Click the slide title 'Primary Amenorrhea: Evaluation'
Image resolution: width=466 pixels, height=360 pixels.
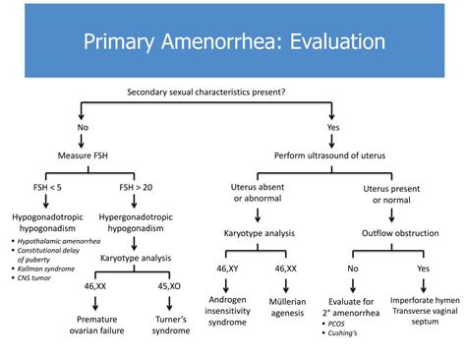pos(233,41)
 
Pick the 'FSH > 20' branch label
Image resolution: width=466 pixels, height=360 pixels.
pos(121,185)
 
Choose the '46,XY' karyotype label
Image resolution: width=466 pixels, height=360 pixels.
pos(226,268)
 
